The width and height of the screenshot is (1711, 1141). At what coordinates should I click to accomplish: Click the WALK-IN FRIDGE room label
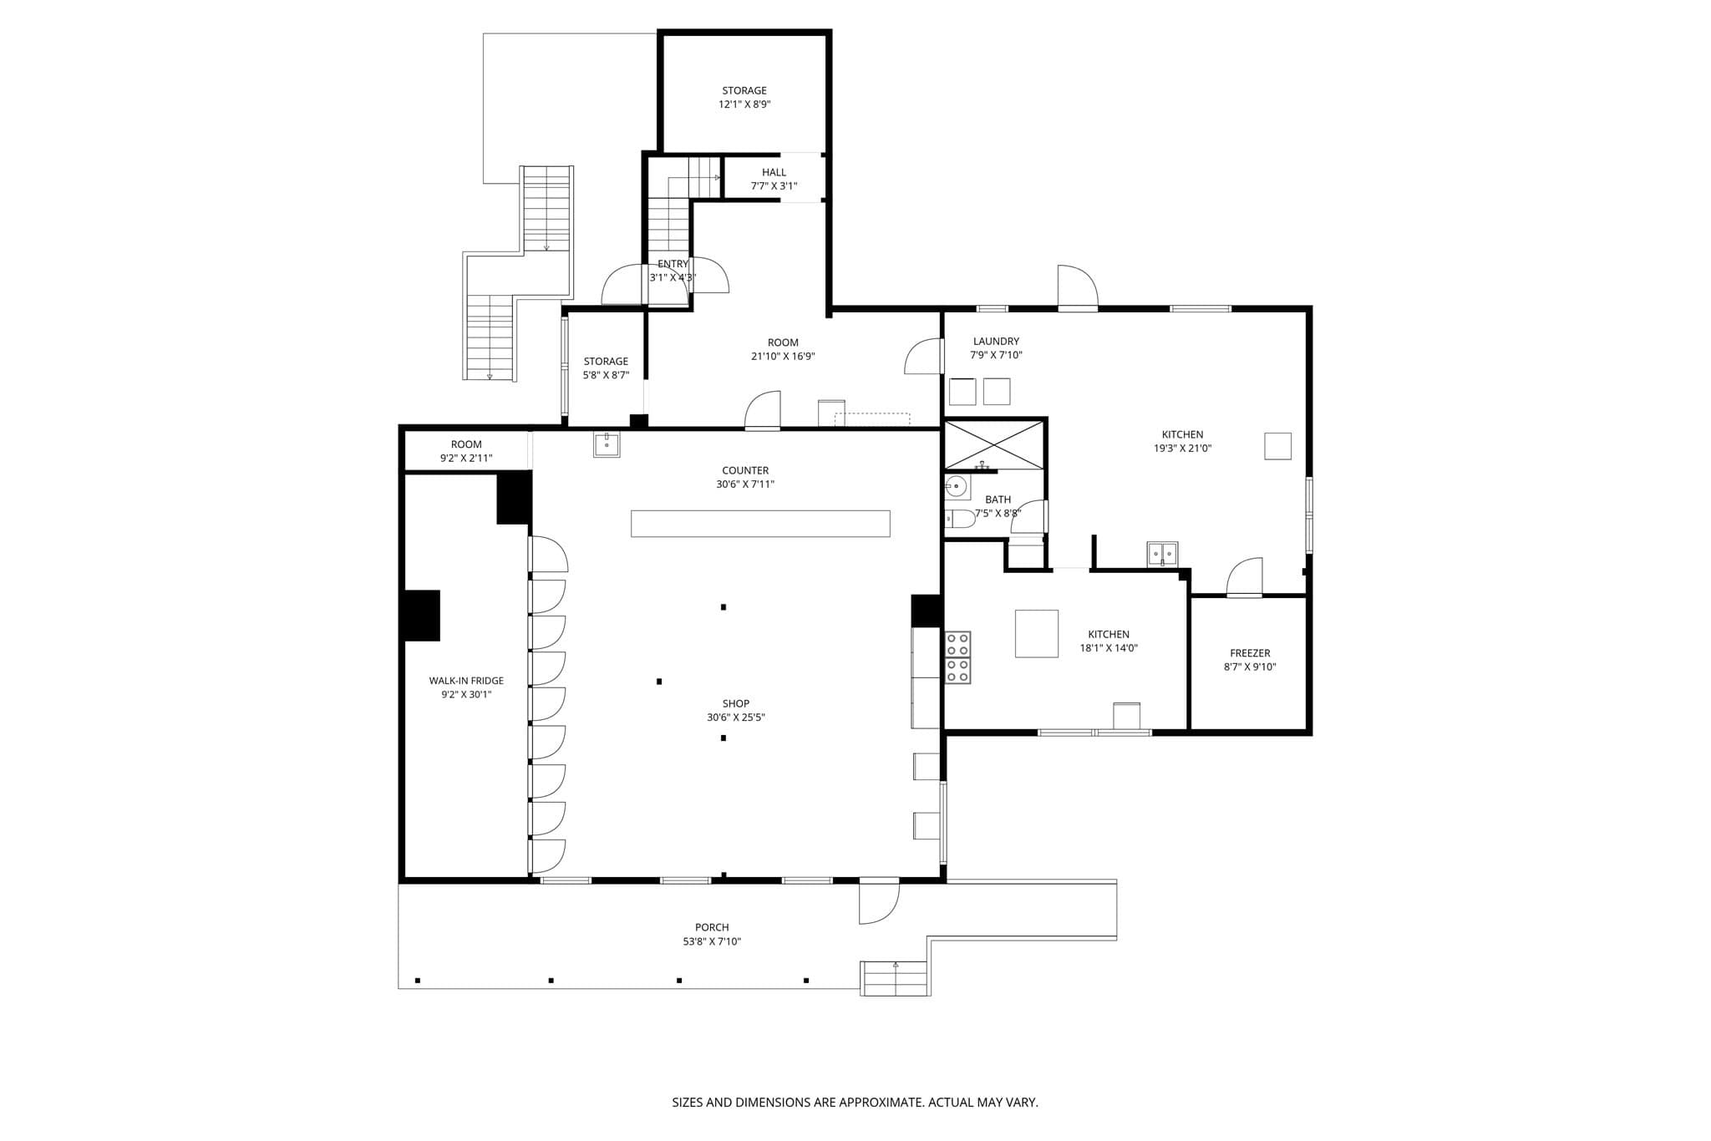pyautogui.click(x=466, y=681)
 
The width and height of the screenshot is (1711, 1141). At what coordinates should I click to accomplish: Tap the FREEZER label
pyautogui.click(x=1250, y=653)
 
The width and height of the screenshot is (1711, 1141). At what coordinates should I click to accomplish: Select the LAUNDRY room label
pyautogui.click(x=996, y=341)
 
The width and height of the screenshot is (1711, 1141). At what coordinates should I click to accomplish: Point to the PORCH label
pyautogui.click(x=712, y=927)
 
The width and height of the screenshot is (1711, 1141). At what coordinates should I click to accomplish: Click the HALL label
pyautogui.click(x=774, y=172)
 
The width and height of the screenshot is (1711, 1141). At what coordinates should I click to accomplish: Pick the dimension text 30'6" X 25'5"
pyautogui.click(x=736, y=718)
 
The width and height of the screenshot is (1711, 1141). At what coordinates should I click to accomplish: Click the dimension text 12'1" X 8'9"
pyautogui.click(x=744, y=104)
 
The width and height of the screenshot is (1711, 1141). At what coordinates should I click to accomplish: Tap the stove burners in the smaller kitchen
pyautogui.click(x=957, y=657)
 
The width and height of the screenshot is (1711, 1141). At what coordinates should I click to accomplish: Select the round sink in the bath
pyautogui.click(x=956, y=485)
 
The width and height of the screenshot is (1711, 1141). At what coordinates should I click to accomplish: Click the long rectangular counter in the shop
pyautogui.click(x=760, y=523)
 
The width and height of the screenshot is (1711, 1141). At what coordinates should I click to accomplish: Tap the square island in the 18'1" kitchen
pyautogui.click(x=1036, y=633)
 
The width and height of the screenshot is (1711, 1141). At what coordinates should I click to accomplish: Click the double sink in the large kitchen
pyautogui.click(x=1162, y=553)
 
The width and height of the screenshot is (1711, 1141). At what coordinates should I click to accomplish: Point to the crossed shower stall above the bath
pyautogui.click(x=993, y=445)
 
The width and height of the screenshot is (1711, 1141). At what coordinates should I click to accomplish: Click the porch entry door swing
pyautogui.click(x=879, y=901)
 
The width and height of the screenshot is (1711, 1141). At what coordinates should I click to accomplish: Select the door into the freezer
pyautogui.click(x=1244, y=576)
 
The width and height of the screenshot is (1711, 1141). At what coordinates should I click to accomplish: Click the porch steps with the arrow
pyautogui.click(x=896, y=978)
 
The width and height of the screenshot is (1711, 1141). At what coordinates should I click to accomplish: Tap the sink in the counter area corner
pyautogui.click(x=607, y=444)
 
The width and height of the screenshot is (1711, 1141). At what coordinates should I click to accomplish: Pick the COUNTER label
pyautogui.click(x=745, y=470)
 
